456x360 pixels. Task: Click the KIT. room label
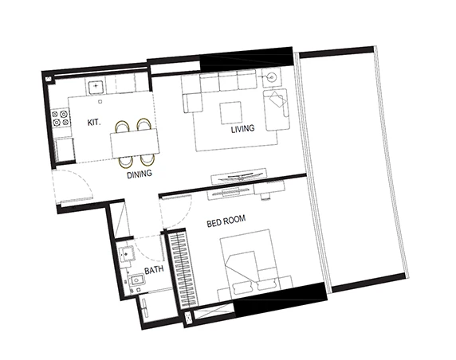pos(94,123)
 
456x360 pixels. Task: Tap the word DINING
pos(140,174)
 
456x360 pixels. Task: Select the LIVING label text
pos(243,129)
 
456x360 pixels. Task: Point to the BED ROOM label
pos(226,221)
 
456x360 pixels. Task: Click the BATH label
pos(154,270)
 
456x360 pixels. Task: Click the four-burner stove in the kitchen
pos(61,118)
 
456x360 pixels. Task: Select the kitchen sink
pos(96,86)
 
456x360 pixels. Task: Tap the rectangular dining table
pos(135,143)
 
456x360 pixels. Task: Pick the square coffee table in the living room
pos(231,113)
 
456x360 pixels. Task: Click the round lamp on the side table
pos(273,77)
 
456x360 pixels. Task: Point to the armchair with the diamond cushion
pos(277,110)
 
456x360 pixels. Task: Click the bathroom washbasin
pos(127,254)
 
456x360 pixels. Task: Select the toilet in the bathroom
pos(136,281)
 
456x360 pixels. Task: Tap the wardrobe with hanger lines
pos(182,269)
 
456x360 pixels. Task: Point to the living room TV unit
pos(238,176)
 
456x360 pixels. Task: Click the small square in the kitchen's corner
pos(49,79)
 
